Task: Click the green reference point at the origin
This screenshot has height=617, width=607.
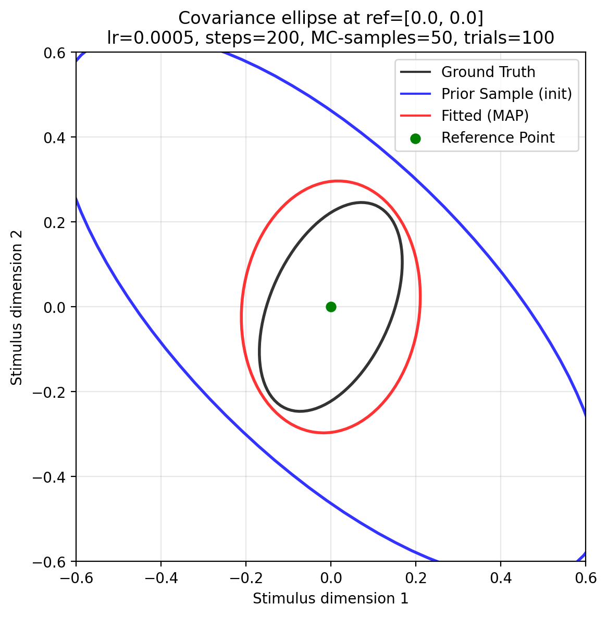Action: [x=331, y=307]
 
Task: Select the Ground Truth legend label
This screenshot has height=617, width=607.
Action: [x=488, y=72]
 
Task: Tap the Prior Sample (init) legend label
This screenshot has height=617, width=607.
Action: [x=506, y=94]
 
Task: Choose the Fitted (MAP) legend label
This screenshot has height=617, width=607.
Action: [x=485, y=116]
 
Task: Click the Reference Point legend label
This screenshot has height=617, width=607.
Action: [x=498, y=138]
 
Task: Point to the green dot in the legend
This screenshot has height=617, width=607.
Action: [x=415, y=138]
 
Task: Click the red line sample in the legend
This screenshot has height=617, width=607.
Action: [x=415, y=116]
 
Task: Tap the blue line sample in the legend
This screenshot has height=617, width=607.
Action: [x=415, y=94]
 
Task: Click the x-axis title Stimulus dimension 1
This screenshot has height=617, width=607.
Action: [x=330, y=599]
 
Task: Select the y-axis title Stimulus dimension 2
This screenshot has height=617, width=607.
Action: [x=17, y=307]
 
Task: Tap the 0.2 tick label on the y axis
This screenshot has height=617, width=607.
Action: [x=59, y=222]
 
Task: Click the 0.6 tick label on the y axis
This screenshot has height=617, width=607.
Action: [x=59, y=53]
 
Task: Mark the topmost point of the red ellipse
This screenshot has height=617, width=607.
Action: [x=338, y=181]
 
